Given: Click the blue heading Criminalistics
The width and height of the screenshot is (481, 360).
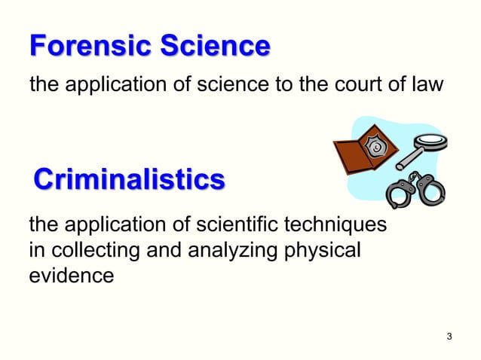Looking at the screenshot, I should pyautogui.click(x=129, y=181).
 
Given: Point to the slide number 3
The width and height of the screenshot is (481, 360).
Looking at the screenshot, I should pyautogui.click(x=449, y=335).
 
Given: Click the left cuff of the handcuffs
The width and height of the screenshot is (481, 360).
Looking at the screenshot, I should pyautogui.click(x=397, y=195).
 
